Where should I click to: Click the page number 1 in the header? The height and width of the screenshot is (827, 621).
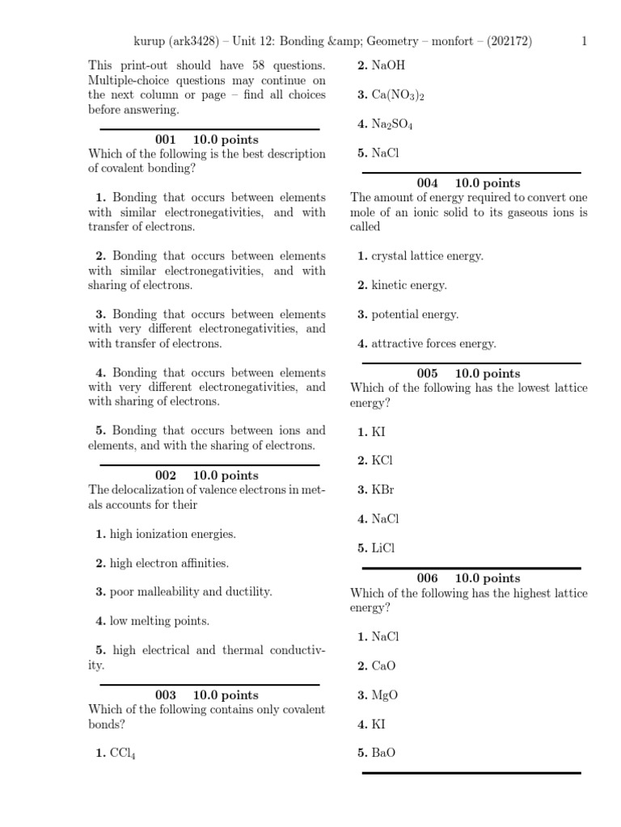tap(585, 42)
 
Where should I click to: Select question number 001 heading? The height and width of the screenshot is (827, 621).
tap(165, 140)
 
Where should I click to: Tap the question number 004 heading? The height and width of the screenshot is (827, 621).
tap(427, 183)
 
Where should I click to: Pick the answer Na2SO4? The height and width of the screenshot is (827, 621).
tap(392, 124)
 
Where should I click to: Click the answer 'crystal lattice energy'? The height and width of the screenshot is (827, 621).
tap(427, 256)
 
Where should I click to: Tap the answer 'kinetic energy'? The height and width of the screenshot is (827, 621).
tap(408, 285)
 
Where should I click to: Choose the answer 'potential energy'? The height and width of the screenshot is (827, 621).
tap(414, 314)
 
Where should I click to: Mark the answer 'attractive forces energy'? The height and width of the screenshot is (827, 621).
tap(433, 343)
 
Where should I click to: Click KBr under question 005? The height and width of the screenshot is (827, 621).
tap(382, 489)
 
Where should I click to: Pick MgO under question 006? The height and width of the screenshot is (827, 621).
tap(384, 695)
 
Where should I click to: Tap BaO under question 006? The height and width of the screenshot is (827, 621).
tap(383, 753)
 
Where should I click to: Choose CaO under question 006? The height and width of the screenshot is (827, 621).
tap(383, 665)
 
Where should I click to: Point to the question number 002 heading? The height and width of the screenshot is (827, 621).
tap(165, 476)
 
